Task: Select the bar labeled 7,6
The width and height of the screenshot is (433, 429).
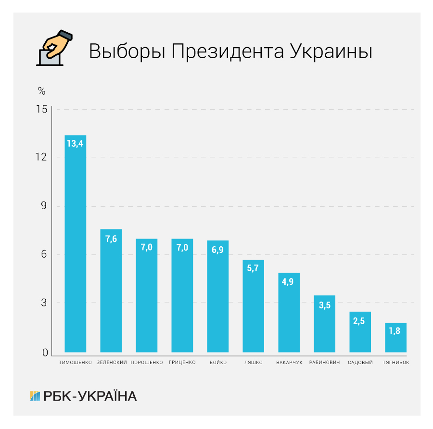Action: click(x=111, y=290)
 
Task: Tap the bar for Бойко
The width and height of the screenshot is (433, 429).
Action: click(x=217, y=296)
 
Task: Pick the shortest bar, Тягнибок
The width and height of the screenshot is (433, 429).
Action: click(x=395, y=338)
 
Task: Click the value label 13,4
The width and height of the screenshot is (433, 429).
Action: click(x=75, y=143)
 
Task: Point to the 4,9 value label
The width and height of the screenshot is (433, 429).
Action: click(x=289, y=281)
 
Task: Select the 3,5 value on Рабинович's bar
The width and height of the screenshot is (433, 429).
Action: click(x=324, y=305)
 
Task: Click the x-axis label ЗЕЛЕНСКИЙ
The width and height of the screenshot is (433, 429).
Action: click(x=112, y=362)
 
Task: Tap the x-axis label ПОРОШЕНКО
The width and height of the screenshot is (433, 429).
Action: click(x=147, y=362)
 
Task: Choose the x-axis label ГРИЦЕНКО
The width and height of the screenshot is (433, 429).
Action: click(x=182, y=362)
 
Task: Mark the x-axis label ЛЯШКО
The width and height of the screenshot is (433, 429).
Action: click(x=254, y=362)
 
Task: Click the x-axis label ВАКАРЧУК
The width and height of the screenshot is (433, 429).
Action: click(x=289, y=362)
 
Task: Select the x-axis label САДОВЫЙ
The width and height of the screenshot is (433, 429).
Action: click(x=360, y=362)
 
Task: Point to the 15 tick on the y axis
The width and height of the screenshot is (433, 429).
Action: click(x=42, y=110)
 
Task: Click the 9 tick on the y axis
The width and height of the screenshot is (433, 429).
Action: click(x=45, y=206)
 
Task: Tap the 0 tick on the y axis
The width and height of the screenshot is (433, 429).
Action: click(x=45, y=353)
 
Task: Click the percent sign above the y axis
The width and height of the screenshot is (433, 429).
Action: click(x=41, y=91)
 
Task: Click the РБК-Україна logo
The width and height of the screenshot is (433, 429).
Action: click(x=83, y=396)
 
